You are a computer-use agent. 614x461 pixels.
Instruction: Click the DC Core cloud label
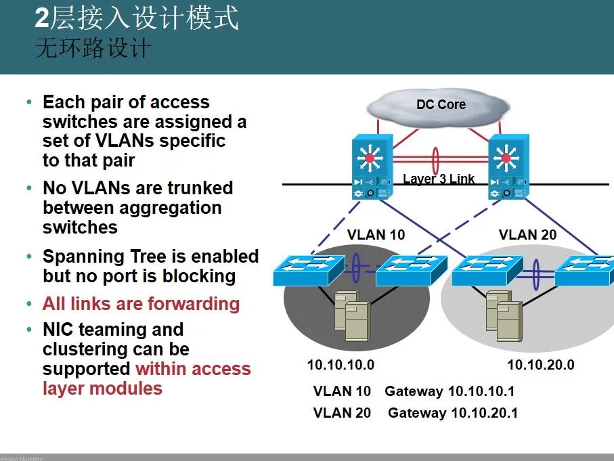click(441, 105)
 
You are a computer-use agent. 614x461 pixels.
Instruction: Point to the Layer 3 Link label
click(439, 179)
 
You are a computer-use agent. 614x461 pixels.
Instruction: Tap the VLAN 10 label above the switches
click(376, 235)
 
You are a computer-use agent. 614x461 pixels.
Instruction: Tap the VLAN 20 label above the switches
click(527, 235)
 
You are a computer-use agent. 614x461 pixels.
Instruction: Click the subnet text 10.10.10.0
click(341, 365)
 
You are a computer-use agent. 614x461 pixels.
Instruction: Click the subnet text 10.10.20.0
click(541, 365)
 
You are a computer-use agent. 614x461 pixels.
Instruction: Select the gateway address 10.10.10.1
click(481, 391)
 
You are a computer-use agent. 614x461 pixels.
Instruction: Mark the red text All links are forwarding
click(141, 304)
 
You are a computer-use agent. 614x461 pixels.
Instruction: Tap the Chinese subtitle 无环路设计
click(93, 49)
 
